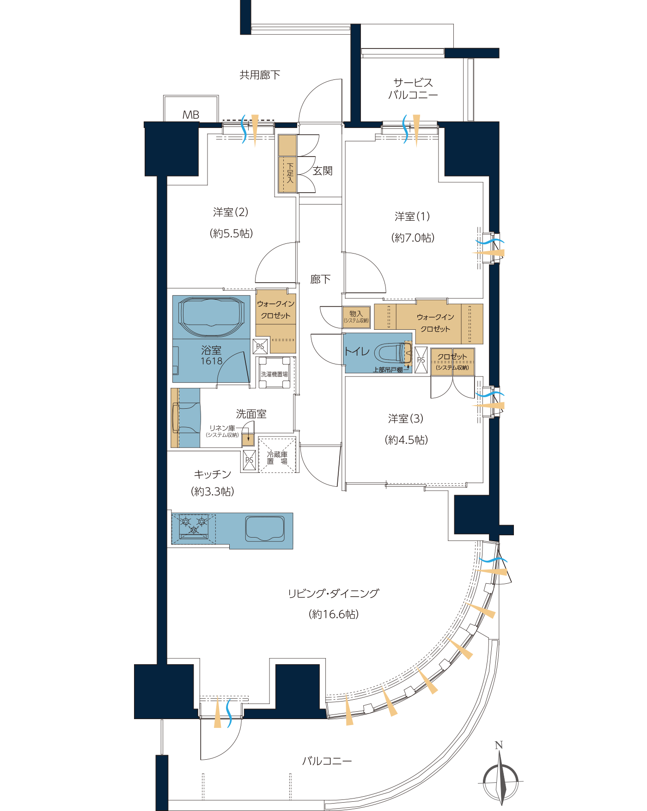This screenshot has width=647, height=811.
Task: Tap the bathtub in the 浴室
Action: [212, 317]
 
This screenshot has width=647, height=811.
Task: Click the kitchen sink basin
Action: [265, 529]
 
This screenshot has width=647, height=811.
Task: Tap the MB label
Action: [191, 115]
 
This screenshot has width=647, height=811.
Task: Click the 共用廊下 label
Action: [260, 75]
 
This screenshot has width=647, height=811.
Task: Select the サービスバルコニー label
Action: [413, 89]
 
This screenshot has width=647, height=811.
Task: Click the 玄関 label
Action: [323, 171]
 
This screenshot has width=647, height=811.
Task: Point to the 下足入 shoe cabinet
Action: [287, 164]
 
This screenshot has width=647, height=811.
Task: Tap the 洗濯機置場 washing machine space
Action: [275, 373]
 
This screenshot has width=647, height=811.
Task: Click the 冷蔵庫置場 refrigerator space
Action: [277, 455]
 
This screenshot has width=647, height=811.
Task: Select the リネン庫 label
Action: [222, 428]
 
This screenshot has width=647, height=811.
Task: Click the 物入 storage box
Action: [356, 317]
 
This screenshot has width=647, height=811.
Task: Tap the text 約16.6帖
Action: [334, 614]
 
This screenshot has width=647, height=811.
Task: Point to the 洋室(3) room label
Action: [406, 419]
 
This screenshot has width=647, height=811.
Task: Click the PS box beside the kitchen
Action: [249, 460]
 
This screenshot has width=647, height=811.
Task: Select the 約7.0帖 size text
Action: [413, 238]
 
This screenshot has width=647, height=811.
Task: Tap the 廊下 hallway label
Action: [320, 279]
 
